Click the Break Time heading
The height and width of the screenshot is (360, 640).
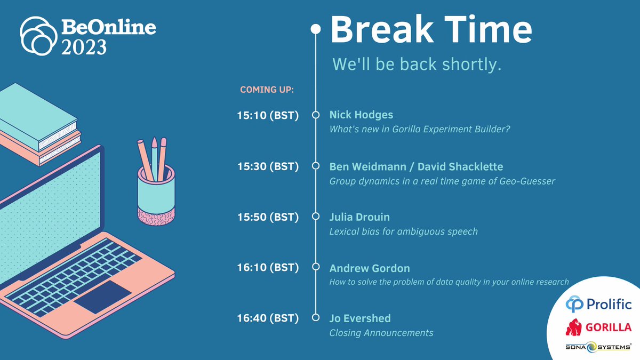[431, 30]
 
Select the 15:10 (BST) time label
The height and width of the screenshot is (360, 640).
[267, 115]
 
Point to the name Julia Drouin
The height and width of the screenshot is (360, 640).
[359, 217]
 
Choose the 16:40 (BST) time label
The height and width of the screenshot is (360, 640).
[267, 319]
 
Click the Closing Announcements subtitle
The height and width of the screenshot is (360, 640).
[381, 333]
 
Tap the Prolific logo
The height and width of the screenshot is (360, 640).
[598, 305]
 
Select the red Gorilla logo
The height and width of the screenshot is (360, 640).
[598, 327]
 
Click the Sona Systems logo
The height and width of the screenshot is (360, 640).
[598, 347]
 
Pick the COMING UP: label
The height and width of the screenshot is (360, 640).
[267, 89]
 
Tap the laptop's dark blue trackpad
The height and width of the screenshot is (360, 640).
[102, 296]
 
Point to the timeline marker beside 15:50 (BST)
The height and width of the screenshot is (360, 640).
[316, 217]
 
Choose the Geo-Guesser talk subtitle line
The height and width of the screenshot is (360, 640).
[442, 181]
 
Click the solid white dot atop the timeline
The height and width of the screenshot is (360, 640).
[316, 29]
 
